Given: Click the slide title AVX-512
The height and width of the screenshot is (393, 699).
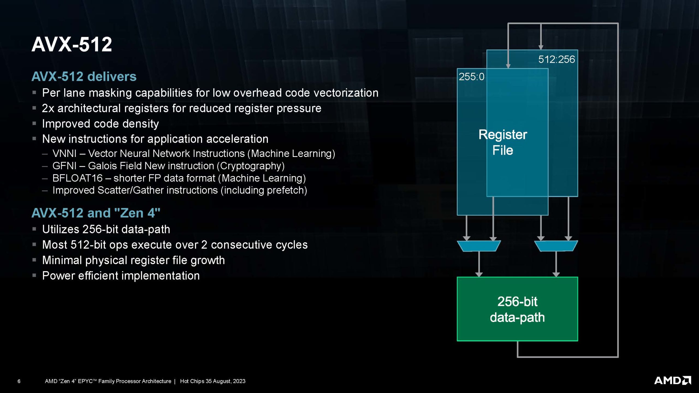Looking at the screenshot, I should [x=72, y=44].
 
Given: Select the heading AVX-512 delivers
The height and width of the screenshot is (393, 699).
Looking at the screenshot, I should [x=84, y=76].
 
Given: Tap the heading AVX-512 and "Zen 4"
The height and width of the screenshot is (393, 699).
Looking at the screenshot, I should [x=96, y=213].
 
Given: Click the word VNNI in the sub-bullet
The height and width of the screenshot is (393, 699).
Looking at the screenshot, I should [x=64, y=154].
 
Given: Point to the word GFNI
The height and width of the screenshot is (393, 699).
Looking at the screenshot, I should [x=64, y=166].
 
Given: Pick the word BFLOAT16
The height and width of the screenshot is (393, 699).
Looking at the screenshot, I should [x=77, y=178].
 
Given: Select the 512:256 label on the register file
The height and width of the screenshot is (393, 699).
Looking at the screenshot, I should [x=556, y=59].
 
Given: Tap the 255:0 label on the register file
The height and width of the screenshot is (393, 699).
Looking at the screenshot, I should [x=471, y=77].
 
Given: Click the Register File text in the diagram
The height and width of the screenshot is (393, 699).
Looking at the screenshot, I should [x=503, y=142].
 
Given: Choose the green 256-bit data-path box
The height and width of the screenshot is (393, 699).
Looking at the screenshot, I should [x=517, y=309].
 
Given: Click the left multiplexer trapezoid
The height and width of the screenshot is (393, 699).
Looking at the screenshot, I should [x=479, y=246].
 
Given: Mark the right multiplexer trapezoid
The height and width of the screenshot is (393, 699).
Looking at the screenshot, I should [x=556, y=246].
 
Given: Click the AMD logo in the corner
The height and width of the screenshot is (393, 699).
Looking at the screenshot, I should [x=672, y=380].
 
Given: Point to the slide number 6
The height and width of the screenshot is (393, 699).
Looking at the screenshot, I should [x=19, y=381].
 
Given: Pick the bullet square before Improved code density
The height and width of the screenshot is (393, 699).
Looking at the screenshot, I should [x=34, y=124].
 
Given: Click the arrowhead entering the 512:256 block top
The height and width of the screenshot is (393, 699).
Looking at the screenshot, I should [x=541, y=47].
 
